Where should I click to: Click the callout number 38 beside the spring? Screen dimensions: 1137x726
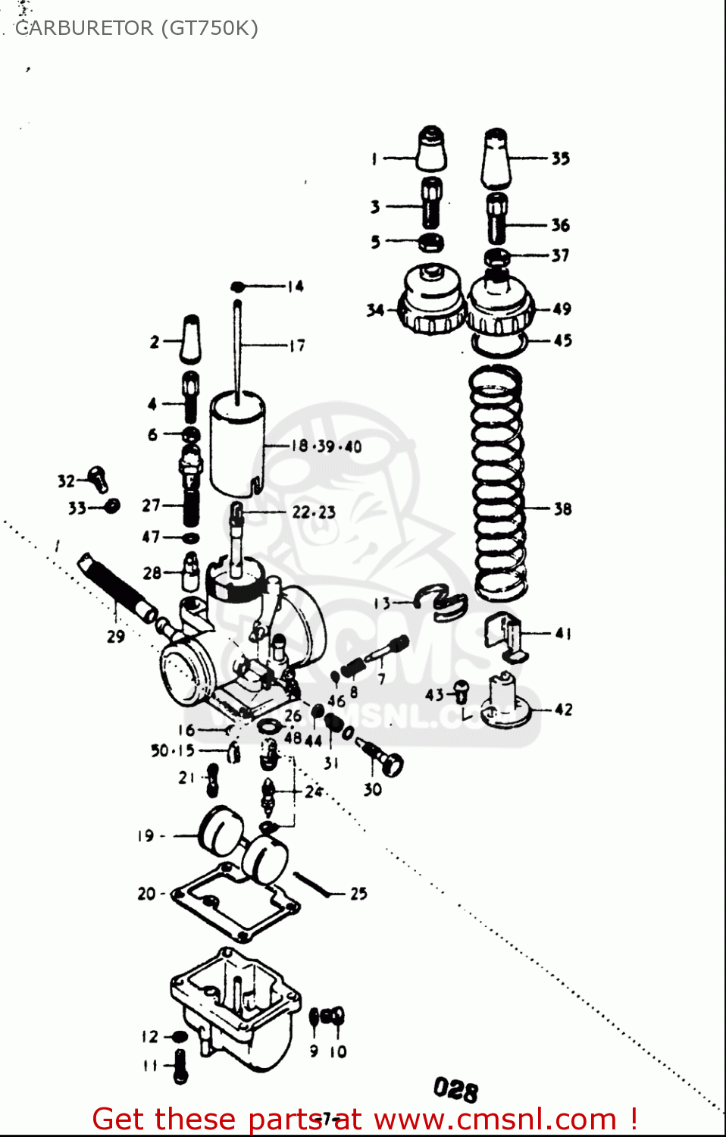[562, 509]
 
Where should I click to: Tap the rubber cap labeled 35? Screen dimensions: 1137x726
[496, 158]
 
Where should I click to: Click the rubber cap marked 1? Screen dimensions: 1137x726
[430, 149]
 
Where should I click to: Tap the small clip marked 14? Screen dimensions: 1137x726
[237, 287]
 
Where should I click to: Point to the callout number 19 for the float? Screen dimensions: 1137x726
[146, 836]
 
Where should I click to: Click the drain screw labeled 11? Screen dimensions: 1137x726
[180, 1065]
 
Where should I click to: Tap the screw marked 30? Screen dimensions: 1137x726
[383, 758]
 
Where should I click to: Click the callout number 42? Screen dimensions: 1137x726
[563, 709]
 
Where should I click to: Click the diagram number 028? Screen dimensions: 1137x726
[455, 1089]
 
